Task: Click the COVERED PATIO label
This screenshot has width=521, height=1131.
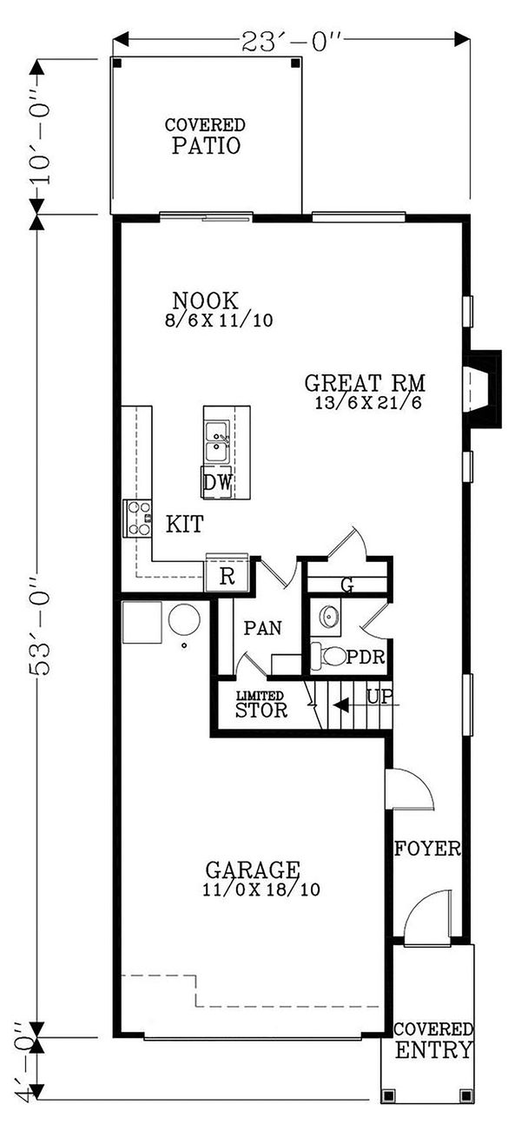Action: click(205, 136)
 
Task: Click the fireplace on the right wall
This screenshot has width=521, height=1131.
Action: click(481, 388)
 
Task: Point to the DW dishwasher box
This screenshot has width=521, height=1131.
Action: click(217, 483)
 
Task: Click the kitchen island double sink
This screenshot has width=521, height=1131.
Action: click(217, 440)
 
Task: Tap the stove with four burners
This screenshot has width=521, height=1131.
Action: click(137, 518)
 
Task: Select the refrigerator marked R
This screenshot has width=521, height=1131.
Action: click(227, 577)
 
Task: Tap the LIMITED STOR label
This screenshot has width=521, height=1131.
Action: click(261, 704)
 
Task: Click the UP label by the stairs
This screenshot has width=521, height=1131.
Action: click(379, 696)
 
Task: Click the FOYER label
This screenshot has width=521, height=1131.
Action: click(427, 849)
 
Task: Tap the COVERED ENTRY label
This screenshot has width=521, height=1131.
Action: click(433, 1041)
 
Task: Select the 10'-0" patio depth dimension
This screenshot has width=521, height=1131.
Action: click(37, 136)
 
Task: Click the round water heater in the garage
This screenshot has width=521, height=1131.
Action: click(184, 620)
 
